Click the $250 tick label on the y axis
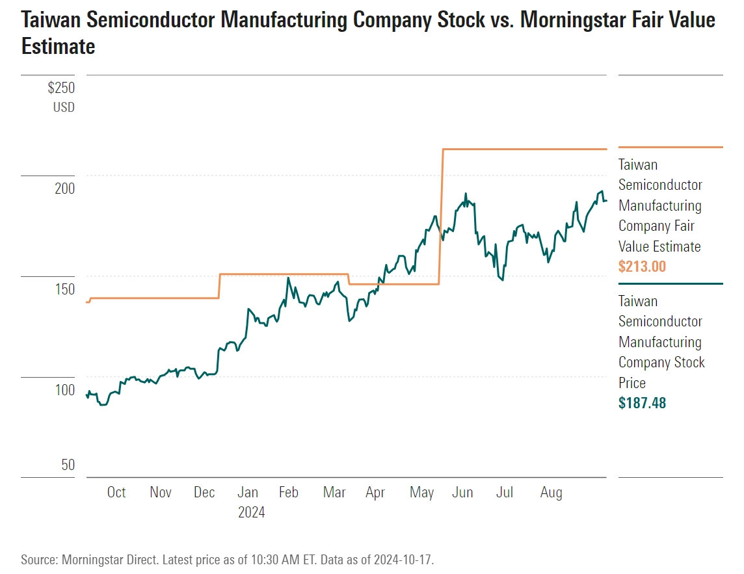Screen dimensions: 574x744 [61, 88]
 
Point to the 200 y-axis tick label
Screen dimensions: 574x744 [64, 189]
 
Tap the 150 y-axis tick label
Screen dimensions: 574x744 [64, 289]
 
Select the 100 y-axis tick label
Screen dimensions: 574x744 [64, 390]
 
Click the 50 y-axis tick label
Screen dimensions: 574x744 [68, 465]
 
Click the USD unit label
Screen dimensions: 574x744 [64, 107]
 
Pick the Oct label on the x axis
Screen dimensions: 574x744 [116, 493]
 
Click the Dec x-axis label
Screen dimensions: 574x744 [204, 493]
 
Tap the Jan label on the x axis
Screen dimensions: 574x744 [248, 493]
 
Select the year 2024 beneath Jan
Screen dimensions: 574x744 [251, 513]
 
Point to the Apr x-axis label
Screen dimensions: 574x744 [375, 493]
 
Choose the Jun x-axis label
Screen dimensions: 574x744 [462, 493]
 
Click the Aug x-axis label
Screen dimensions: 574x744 [551, 493]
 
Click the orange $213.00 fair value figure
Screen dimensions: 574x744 [642, 267]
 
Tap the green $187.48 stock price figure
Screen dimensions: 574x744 [642, 403]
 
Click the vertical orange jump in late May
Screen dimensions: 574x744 [441, 215]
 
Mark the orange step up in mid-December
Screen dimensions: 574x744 [220, 286]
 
